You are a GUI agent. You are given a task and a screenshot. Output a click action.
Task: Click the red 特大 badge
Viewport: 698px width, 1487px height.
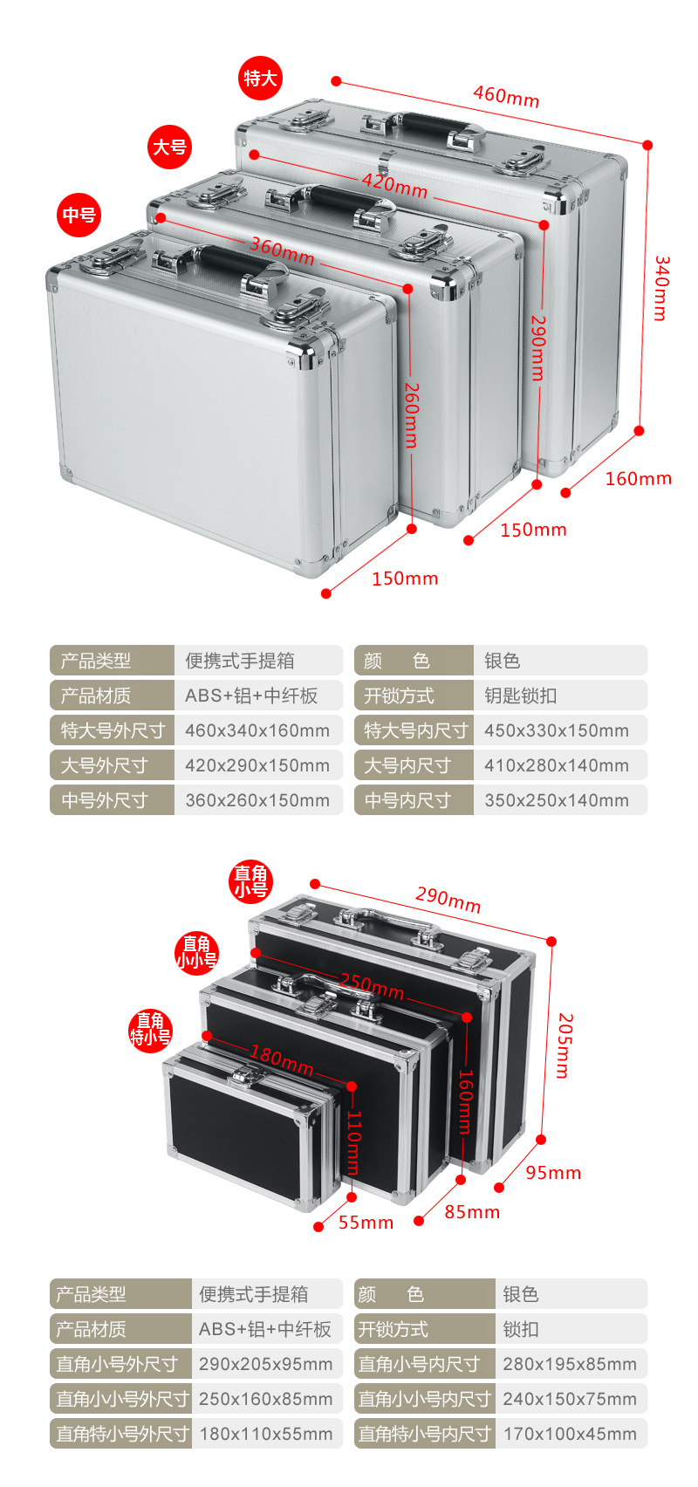pyautogui.click(x=260, y=79)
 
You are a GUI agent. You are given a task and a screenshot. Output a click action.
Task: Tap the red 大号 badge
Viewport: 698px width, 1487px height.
pyautogui.click(x=169, y=147)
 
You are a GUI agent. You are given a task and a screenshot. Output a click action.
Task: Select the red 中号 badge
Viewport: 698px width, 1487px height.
pyautogui.click(x=79, y=215)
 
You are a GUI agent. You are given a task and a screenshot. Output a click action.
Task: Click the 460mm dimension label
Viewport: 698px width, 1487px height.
pyautogui.click(x=506, y=95)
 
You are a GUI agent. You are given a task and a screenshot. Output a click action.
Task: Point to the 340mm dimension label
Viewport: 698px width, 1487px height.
pyautogui.click(x=661, y=288)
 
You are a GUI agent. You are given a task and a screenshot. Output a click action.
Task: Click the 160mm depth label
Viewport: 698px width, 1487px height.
pyautogui.click(x=638, y=478)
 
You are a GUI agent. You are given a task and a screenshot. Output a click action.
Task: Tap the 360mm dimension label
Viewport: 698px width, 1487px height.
pyautogui.click(x=282, y=251)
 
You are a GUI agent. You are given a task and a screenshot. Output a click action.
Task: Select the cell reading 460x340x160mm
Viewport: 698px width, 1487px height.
pyautogui.click(x=257, y=730)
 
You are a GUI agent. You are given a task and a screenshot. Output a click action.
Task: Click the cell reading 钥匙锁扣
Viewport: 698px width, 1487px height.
pyautogui.click(x=520, y=696)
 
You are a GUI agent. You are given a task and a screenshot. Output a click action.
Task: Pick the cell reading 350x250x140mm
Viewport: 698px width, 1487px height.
pyautogui.click(x=557, y=800)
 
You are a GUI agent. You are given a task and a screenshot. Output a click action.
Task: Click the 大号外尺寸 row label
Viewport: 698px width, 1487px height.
pyautogui.click(x=105, y=765)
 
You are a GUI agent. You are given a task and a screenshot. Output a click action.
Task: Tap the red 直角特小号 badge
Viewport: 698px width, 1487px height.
pyautogui.click(x=150, y=1030)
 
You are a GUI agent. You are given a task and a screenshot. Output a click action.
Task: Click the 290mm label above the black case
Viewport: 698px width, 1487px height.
pyautogui.click(x=448, y=899)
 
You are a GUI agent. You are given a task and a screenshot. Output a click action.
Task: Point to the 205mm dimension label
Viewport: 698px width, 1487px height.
pyautogui.click(x=565, y=1045)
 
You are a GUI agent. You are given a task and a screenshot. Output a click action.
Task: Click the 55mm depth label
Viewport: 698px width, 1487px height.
pyautogui.click(x=366, y=1223)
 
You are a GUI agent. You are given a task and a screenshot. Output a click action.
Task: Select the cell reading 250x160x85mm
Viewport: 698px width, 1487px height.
pyautogui.click(x=265, y=1399)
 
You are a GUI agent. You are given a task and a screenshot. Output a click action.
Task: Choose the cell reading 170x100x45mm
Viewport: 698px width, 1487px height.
pyautogui.click(x=570, y=1434)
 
